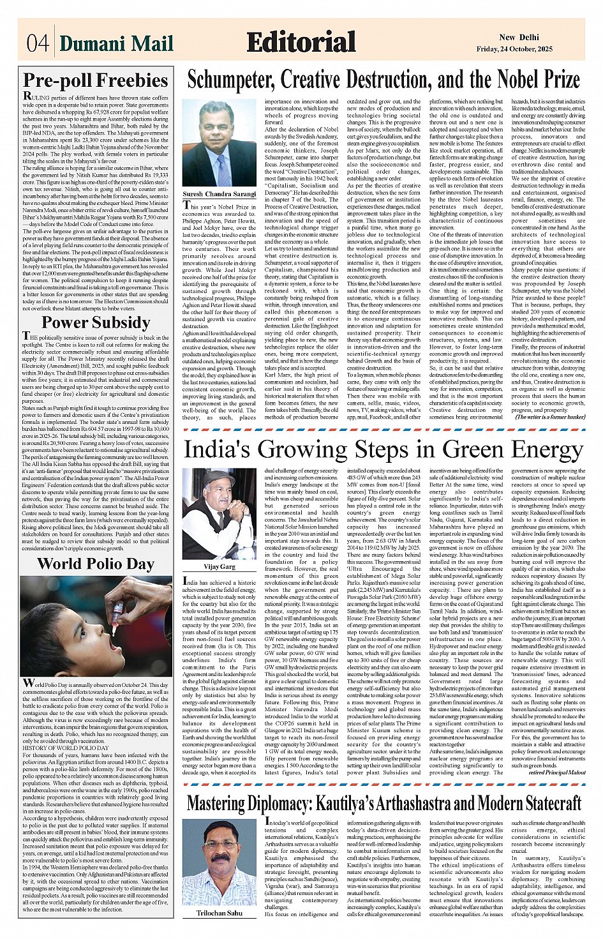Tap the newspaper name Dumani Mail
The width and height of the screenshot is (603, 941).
pyautogui.click(x=116, y=43)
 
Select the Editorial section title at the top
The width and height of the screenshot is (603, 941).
pyautogui.click(x=301, y=42)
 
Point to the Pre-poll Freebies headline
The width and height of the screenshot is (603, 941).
pyautogui.click(x=96, y=80)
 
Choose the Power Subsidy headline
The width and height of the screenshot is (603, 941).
pyautogui.click(x=96, y=322)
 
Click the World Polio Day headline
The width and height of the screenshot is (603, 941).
pyautogui.click(x=96, y=564)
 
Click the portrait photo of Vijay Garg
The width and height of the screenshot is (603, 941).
pyautogui.click(x=219, y=514)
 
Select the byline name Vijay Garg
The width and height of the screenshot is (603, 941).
pyautogui.click(x=219, y=566)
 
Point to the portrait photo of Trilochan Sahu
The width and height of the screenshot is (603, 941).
pyautogui.click(x=219, y=861)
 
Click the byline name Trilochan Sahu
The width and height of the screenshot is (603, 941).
pyautogui.click(x=219, y=913)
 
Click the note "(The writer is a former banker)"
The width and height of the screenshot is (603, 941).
pyautogui.click(x=550, y=416)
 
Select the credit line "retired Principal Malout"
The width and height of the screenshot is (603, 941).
pyautogui.click(x=556, y=772)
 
